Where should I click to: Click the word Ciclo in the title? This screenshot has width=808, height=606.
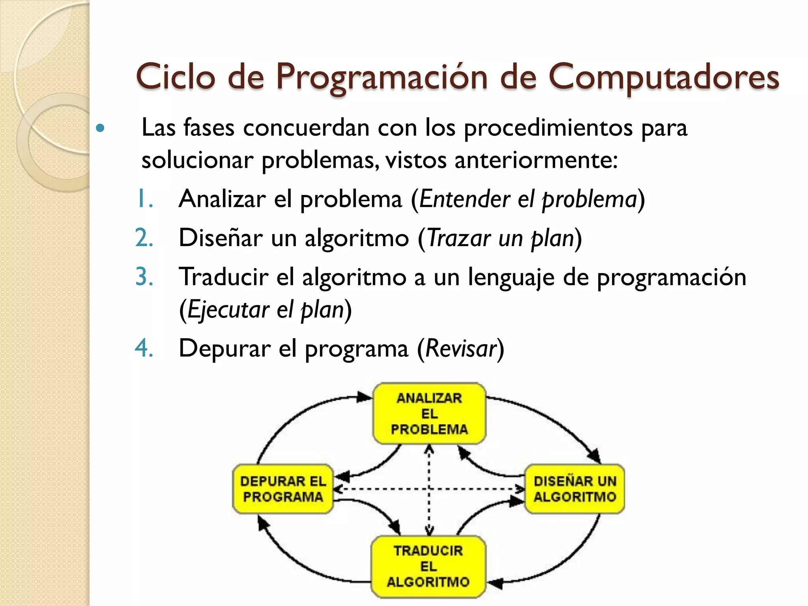coord(176,77)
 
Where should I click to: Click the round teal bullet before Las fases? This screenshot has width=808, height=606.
coord(101,128)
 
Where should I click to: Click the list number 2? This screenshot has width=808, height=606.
coord(144,238)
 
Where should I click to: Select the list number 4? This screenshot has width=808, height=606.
coord(144,348)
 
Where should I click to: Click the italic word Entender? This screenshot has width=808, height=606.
coord(465,198)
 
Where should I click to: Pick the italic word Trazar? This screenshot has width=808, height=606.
coord(459,238)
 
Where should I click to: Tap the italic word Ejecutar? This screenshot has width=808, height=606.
coord(228,310)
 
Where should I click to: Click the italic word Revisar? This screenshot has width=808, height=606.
coord(460,348)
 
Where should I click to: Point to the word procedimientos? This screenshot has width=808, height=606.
coord(548,128)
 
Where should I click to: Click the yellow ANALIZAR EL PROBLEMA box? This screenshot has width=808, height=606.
coord(429,413)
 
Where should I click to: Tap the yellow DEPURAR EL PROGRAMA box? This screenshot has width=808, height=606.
coord(283,489)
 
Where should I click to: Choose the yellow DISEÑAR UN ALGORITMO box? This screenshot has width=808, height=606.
coord(575,489)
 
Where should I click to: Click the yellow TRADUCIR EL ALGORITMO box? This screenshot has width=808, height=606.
coord(428,566)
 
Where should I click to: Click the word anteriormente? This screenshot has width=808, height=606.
coord(536,161)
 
